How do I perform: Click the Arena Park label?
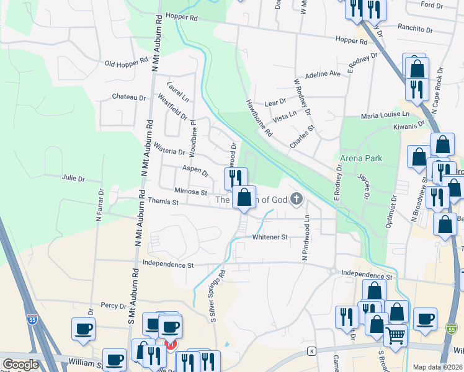[x=361, y=158]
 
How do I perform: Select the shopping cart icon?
[x=395, y=335]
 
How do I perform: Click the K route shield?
[x=311, y=352]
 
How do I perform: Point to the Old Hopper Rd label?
[x=127, y=63]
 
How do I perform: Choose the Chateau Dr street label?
[x=128, y=97]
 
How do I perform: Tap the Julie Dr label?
[x=73, y=179]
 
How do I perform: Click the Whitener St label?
[x=270, y=237]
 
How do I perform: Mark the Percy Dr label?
[x=114, y=305]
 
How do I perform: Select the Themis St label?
[x=163, y=202]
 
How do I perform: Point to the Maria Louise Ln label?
[x=386, y=115]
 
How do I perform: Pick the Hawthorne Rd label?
[x=259, y=118]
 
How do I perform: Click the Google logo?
[x=20, y=365]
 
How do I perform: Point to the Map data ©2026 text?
[x=438, y=367]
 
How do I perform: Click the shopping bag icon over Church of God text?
[x=244, y=198]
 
